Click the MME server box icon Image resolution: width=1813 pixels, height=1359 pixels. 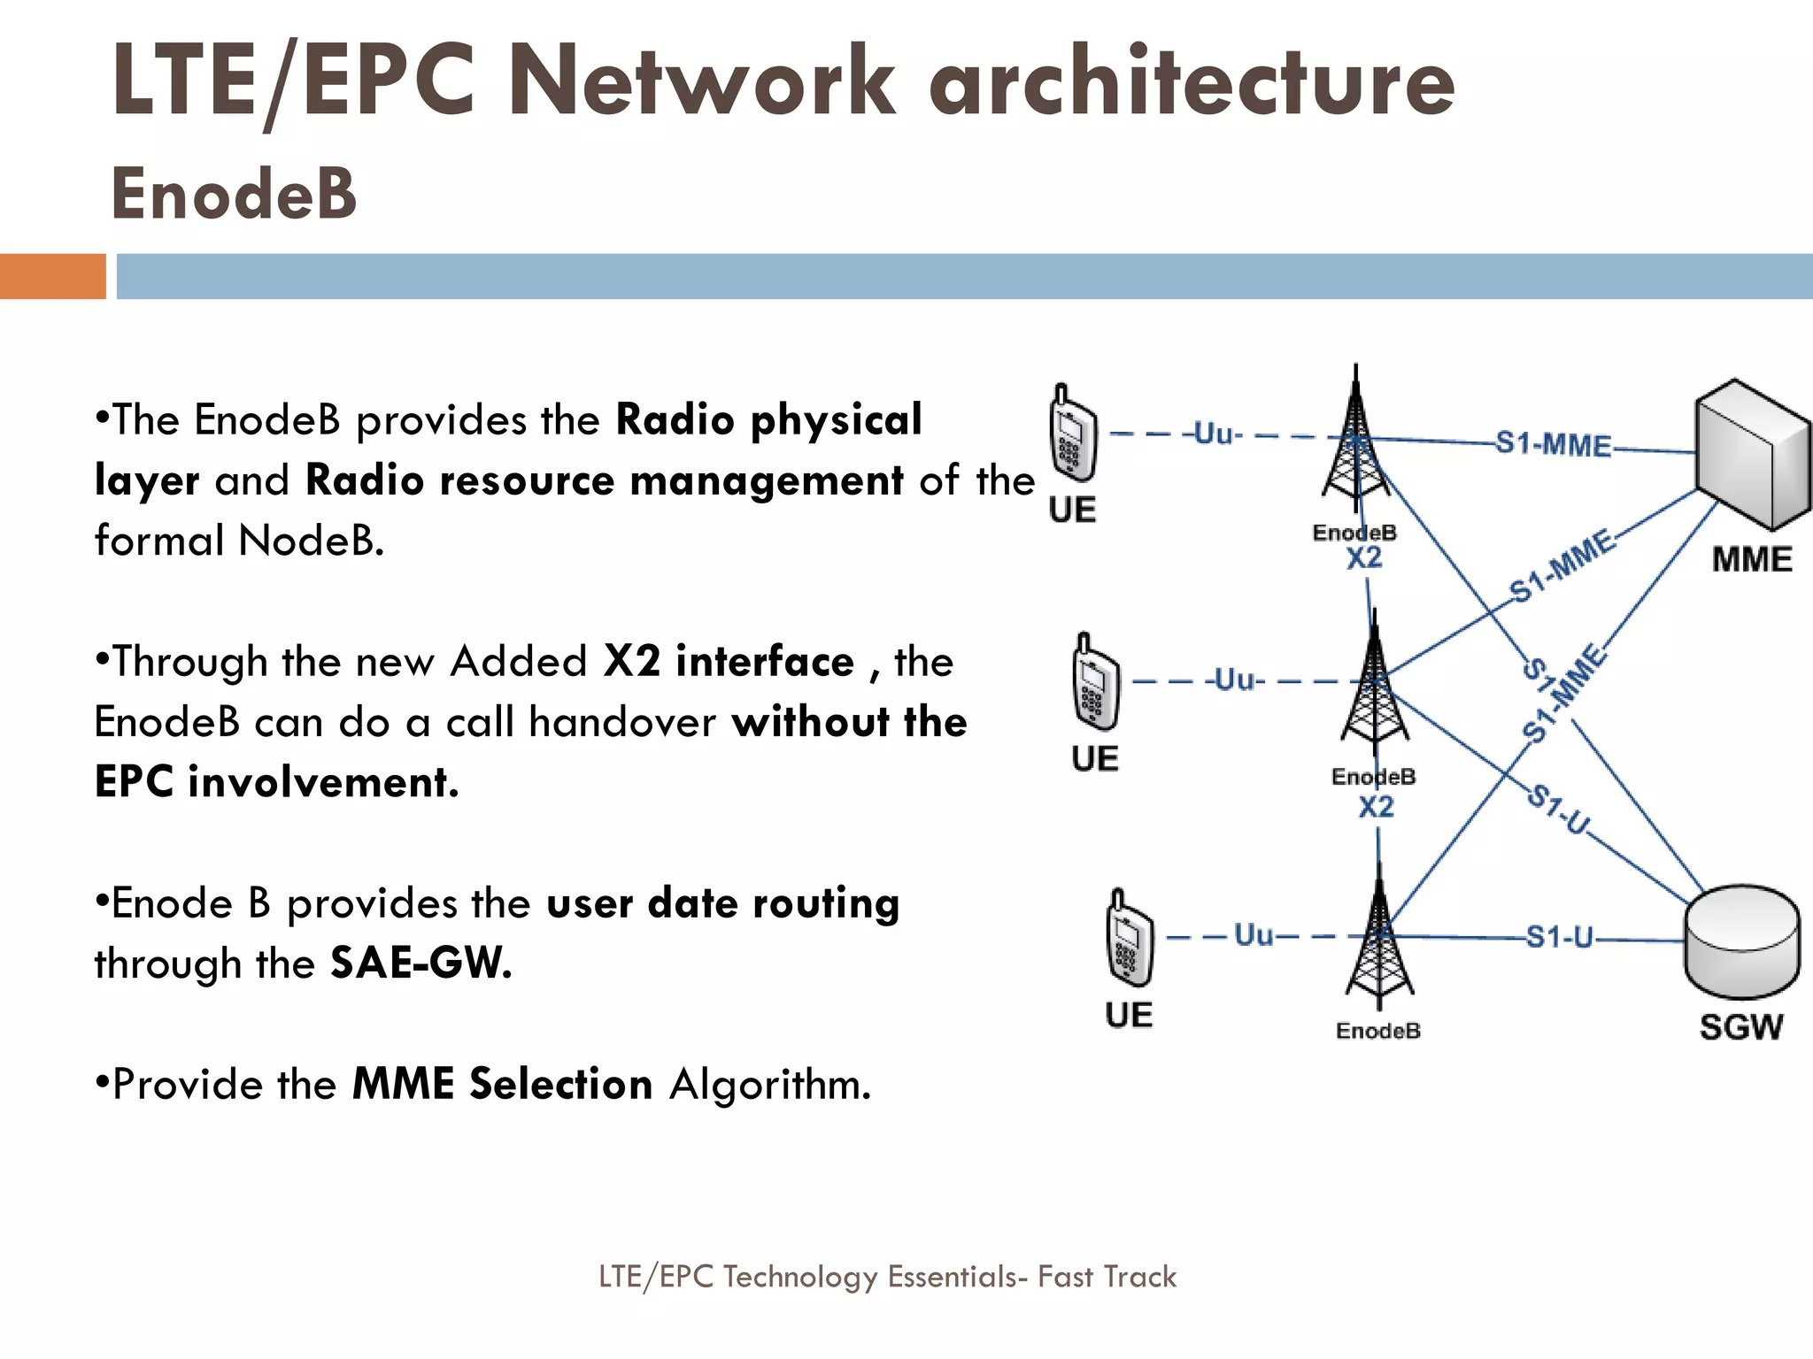click(1751, 455)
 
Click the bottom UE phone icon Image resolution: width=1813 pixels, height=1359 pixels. click(1130, 939)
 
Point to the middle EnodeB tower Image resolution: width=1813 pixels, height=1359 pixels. click(1374, 687)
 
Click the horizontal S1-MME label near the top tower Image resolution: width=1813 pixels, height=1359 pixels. click(1554, 443)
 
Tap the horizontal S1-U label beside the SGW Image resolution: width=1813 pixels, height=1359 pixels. click(1559, 936)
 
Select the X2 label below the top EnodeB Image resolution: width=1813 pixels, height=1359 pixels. click(1363, 558)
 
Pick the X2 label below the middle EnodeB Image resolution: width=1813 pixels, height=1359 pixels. click(1376, 807)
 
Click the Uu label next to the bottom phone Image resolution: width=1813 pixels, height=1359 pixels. click(1254, 934)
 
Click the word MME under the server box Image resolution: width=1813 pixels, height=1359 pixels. click(1751, 560)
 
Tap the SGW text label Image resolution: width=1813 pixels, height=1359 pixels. click(1740, 1027)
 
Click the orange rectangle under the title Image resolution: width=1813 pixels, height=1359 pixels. click(52, 276)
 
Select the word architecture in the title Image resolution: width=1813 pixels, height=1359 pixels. click(1190, 81)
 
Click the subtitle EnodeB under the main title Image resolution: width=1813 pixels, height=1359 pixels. click(234, 194)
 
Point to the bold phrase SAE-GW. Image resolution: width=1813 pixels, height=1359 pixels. click(420, 963)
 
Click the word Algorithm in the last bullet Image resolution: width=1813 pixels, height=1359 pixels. click(770, 1084)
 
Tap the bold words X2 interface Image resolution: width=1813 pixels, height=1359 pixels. click(728, 662)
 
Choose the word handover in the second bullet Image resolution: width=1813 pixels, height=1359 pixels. click(621, 722)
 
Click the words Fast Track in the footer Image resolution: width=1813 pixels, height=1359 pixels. click(1107, 1277)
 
